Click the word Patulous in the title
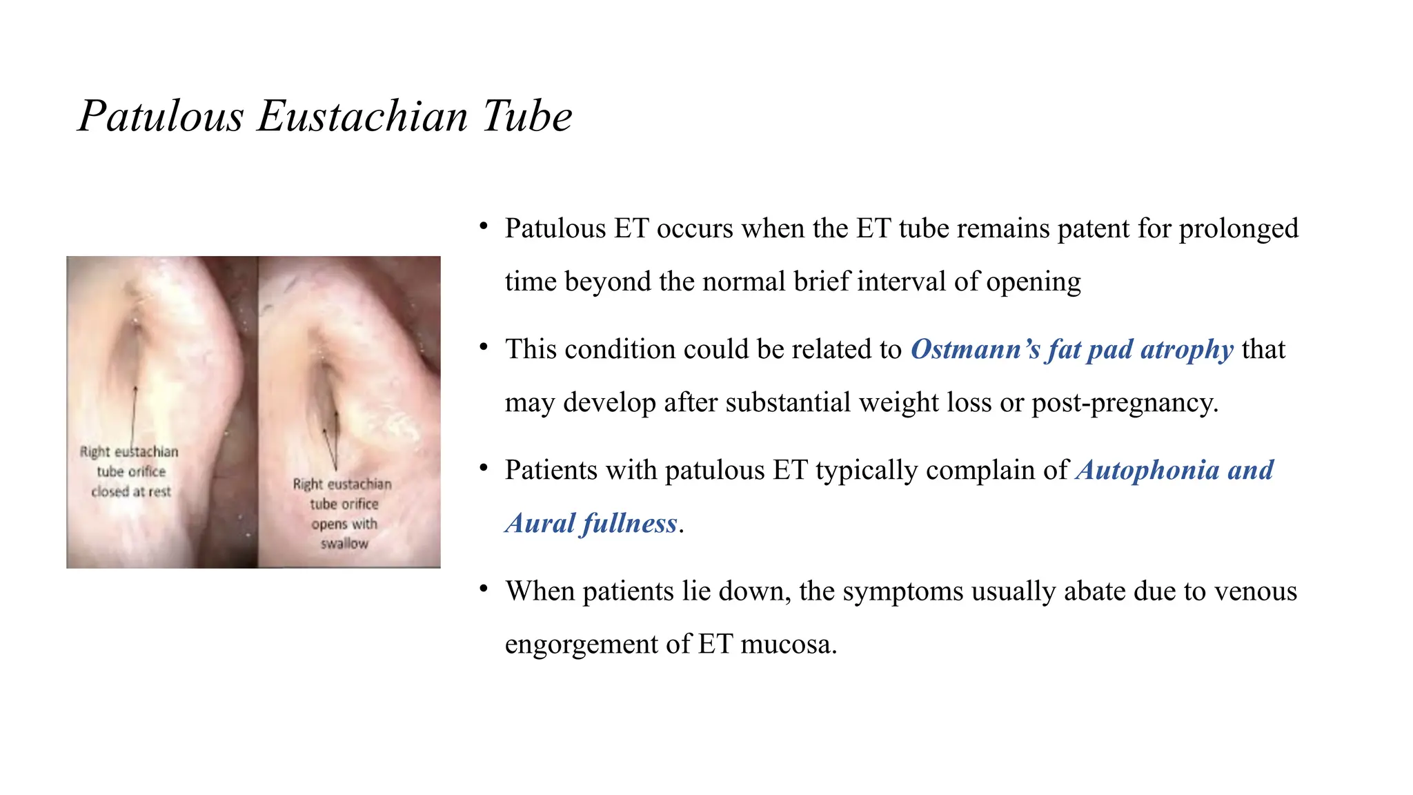(161, 116)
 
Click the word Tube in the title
(527, 116)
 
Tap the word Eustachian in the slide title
(362, 116)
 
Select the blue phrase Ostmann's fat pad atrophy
(1071, 349)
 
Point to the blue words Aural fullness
(591, 523)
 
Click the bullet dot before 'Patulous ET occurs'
(484, 226)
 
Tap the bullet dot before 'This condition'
(484, 347)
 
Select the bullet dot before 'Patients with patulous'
(484, 469)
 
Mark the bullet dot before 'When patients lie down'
(484, 589)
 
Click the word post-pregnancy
(1124, 402)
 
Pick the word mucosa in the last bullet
(788, 645)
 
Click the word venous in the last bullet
(1255, 591)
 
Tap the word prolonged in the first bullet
(1238, 229)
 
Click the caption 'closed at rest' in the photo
(131, 491)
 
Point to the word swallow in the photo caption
(344, 544)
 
